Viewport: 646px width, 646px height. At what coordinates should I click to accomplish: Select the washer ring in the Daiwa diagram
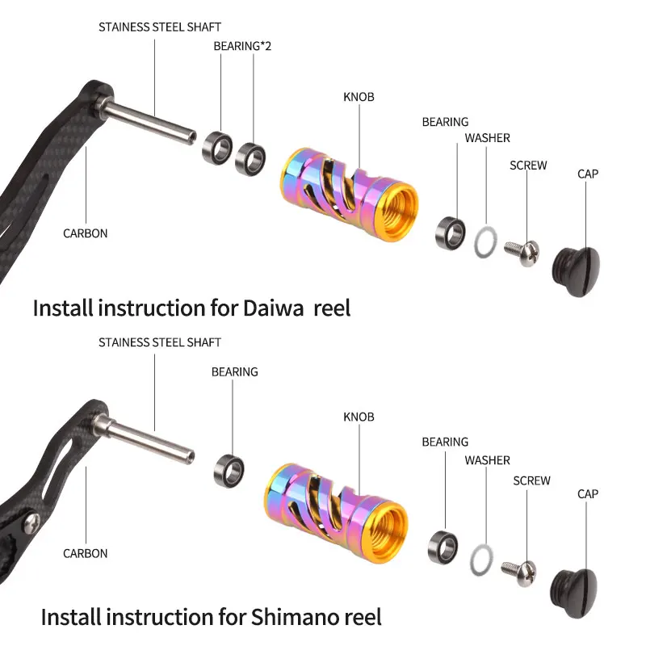[x=484, y=241]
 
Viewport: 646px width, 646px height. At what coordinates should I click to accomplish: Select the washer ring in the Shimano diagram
[x=482, y=558]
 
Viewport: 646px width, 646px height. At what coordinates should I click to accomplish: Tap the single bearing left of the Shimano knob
[x=229, y=470]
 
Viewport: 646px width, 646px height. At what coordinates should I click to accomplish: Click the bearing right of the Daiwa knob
[x=451, y=231]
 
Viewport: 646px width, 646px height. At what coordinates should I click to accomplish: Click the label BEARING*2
[x=242, y=46]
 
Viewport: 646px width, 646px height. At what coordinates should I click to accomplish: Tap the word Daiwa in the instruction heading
[x=275, y=308]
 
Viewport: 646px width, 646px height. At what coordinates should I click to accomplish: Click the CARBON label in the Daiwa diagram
[x=86, y=233]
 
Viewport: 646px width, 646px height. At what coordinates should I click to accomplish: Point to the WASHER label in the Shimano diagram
[x=487, y=460]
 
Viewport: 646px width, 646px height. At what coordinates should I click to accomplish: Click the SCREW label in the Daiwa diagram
[x=528, y=166]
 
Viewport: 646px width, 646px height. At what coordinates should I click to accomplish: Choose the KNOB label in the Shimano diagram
[x=359, y=417]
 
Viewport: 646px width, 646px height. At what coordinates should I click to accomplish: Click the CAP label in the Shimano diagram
[x=588, y=493]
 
